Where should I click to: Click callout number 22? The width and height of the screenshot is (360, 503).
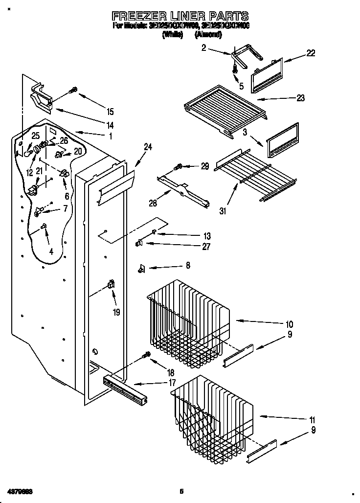(311, 53)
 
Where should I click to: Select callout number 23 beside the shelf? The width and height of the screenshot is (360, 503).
(300, 98)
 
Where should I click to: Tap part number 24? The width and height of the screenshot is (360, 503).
(148, 146)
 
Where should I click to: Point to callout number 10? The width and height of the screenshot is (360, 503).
(289, 324)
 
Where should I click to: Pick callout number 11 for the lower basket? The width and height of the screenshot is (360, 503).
(312, 420)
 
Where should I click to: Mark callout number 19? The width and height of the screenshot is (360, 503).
(116, 312)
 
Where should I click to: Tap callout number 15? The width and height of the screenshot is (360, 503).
(110, 111)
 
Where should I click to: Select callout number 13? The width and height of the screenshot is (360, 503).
(207, 235)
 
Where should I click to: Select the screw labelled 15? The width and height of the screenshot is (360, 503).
(74, 90)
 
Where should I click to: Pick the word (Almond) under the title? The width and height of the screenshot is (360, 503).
(208, 35)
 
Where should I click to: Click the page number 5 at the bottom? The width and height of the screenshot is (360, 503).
(181, 491)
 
